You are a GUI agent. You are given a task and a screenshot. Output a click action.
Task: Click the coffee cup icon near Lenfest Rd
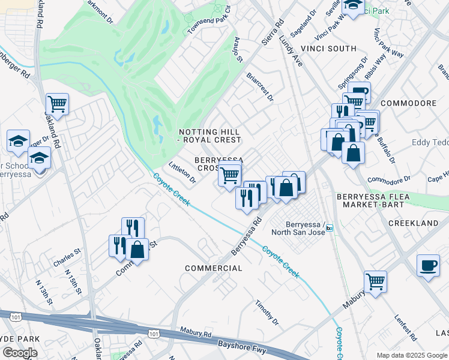click(428, 265)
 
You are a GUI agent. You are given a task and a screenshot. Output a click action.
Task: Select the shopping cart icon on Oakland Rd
click(57, 104)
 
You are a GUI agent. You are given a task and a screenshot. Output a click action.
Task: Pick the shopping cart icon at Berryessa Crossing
click(230, 175)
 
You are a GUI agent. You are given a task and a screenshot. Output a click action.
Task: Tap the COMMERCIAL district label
click(214, 268)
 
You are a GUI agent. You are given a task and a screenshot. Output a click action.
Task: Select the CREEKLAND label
click(414, 223)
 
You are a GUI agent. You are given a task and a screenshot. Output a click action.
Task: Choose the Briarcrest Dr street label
click(260, 86)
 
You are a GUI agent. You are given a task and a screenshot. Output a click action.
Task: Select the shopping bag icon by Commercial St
click(137, 249)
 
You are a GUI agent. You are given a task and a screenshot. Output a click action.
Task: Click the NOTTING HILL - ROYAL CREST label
click(210, 136)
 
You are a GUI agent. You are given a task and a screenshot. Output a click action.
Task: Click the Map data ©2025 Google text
click(411, 355)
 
